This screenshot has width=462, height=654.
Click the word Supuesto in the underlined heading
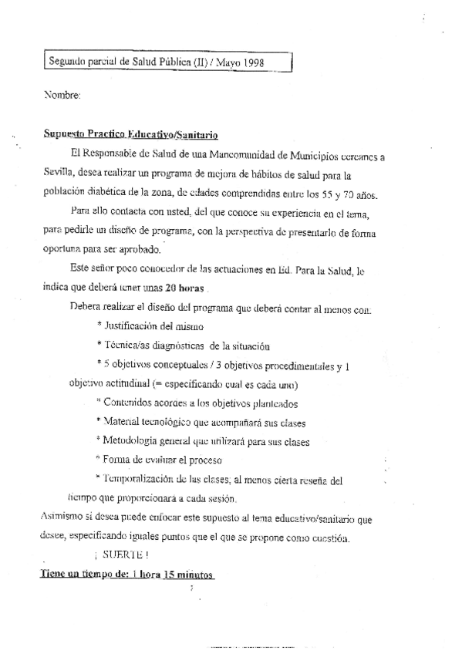tap(65, 134)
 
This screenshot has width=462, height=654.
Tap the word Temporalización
tap(140, 480)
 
